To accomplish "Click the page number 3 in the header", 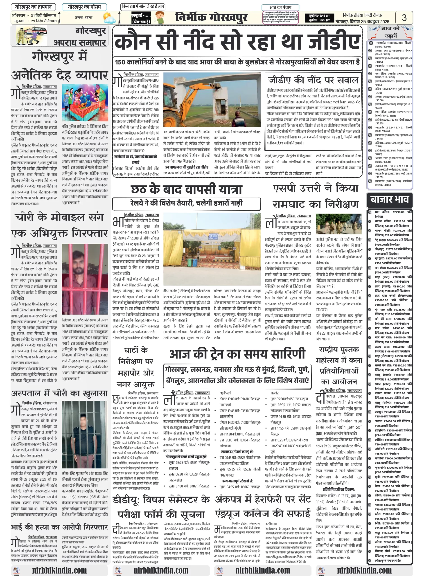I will [x=404, y=18].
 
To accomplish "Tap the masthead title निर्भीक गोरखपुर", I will [x=211, y=18].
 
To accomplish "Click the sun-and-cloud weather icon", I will [x=109, y=18].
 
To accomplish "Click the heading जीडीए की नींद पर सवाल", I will [x=313, y=80].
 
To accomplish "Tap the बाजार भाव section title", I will [x=389, y=200].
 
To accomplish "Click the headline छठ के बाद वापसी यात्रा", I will [x=186, y=189].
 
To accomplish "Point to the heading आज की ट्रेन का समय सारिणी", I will [x=237, y=354].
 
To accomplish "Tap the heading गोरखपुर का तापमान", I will [x=33, y=7].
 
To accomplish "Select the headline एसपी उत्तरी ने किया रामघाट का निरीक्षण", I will [x=316, y=196].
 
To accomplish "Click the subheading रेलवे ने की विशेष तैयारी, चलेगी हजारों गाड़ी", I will [x=186, y=203].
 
